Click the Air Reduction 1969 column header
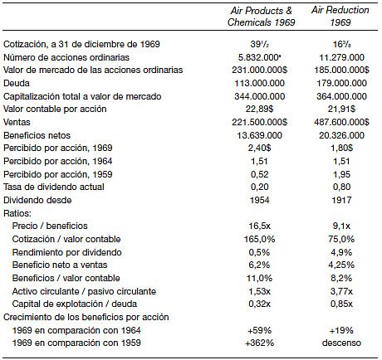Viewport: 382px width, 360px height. tap(340, 16)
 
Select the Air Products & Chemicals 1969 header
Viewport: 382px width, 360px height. tap(262, 17)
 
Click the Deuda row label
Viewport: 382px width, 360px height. tap(17, 83)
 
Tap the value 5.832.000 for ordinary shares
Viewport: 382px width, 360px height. tap(258, 57)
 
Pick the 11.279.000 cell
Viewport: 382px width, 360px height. tap(342, 57)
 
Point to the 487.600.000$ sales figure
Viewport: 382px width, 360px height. tap(341, 122)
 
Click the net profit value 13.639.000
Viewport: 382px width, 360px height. tap(259, 135)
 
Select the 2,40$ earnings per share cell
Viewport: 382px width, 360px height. tap(259, 148)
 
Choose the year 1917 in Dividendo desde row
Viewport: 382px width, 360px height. tap(341, 200)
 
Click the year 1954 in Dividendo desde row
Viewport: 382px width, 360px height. tap(259, 200)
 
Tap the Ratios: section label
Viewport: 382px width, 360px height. tap(17, 213)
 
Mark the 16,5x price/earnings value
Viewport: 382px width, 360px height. tap(259, 226)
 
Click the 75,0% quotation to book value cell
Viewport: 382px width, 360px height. tap(341, 239)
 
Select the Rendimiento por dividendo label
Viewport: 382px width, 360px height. tap(67, 252)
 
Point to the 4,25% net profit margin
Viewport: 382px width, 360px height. tap(341, 265)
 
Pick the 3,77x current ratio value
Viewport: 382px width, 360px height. tap(341, 291)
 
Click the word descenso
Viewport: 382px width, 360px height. tap(341, 343)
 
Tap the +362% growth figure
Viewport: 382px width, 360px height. tap(259, 343)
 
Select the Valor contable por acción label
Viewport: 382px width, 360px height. tap(55, 109)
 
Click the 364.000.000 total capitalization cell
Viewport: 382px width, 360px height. tap(341, 96)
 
